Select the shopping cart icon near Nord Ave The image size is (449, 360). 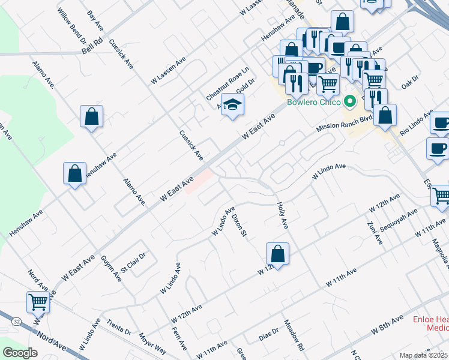coord(38,302)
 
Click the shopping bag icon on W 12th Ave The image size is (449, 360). coord(277,254)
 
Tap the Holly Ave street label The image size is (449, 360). coord(283,214)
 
